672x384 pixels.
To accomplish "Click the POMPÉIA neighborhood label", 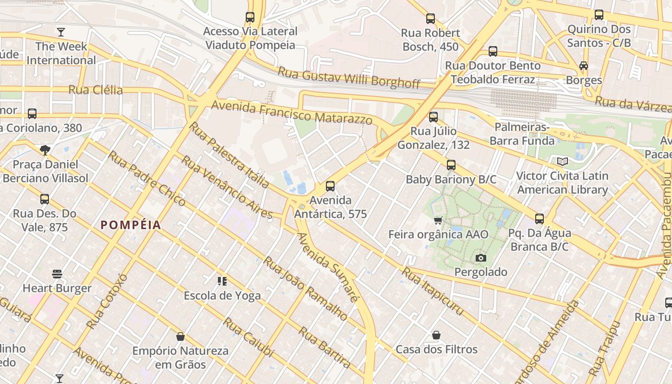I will pyautogui.click(x=131, y=225).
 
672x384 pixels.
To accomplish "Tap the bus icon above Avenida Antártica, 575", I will pyautogui.click(x=330, y=186).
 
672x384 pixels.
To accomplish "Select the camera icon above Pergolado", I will pyautogui.click(x=480, y=258).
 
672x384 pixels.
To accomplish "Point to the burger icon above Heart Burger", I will pyautogui.click(x=57, y=274).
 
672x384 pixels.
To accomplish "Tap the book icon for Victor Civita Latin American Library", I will pyautogui.click(x=562, y=162).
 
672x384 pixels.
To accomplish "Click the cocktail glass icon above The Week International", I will pyautogui.click(x=61, y=32).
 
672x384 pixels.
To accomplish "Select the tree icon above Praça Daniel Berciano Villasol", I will pyautogui.click(x=45, y=150).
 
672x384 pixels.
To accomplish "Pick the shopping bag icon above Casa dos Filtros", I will pyautogui.click(x=436, y=335).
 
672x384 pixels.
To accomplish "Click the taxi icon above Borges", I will pyautogui.click(x=584, y=66).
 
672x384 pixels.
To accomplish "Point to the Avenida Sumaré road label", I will pyautogui.click(x=327, y=267).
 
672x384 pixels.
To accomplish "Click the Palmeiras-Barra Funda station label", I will pyautogui.click(x=522, y=134).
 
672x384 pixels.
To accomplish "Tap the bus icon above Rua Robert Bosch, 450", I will pyautogui.click(x=431, y=19).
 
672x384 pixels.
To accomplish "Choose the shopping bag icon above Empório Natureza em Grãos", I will pyautogui.click(x=180, y=336).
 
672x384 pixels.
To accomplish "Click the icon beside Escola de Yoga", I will pyautogui.click(x=222, y=281).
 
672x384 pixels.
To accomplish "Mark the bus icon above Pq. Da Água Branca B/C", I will pyautogui.click(x=540, y=219).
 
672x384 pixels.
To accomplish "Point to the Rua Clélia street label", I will pyautogui.click(x=96, y=90).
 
